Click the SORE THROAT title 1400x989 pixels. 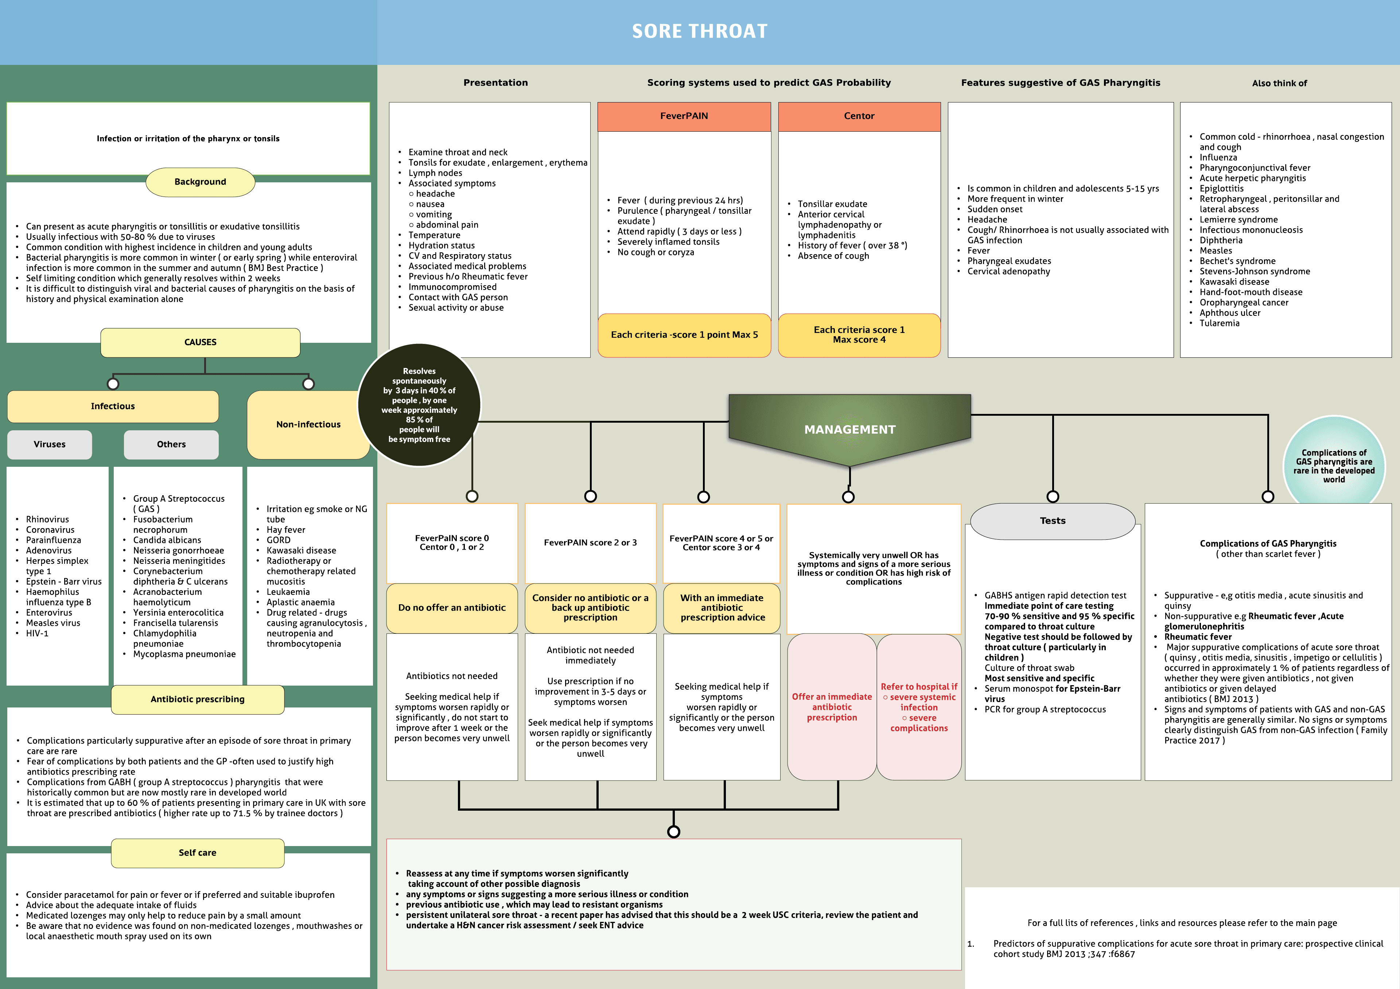(x=699, y=31)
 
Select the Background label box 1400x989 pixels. (x=200, y=182)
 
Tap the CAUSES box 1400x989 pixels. (x=200, y=342)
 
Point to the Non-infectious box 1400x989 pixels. (x=308, y=424)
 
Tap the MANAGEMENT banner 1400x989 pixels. (x=849, y=429)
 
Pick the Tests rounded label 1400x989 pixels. (x=1053, y=521)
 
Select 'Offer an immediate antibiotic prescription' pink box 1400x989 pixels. (x=832, y=707)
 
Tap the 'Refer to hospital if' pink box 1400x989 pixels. (x=919, y=707)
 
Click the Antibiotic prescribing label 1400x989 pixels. (x=198, y=699)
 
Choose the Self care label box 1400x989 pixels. (x=198, y=852)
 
